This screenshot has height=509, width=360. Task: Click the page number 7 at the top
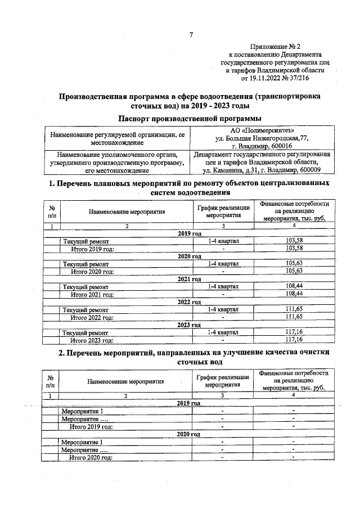[x=191, y=35]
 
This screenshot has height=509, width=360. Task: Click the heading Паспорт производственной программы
[x=190, y=118]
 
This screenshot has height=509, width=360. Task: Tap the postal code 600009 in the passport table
[x=308, y=169]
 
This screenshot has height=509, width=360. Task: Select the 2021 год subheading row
[x=190, y=279]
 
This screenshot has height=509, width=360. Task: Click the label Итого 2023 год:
[x=92, y=340]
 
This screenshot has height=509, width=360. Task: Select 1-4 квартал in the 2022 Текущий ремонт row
[x=223, y=309]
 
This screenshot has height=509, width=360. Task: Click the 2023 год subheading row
[x=190, y=325]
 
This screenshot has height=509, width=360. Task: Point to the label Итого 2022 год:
[x=92, y=317]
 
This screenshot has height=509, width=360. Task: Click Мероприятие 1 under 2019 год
[x=82, y=412]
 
